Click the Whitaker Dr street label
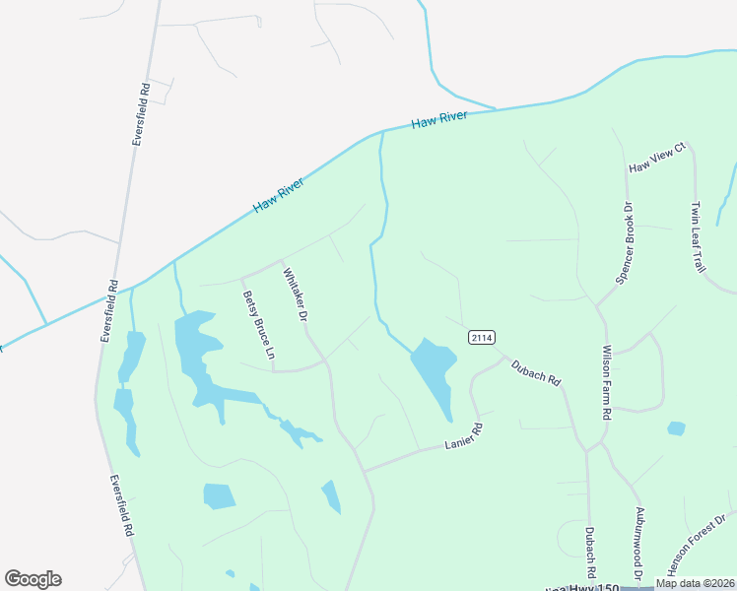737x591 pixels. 296,295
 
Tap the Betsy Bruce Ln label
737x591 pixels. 258,324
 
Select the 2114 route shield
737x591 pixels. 481,338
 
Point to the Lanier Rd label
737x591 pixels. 465,436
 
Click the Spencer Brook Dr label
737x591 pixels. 622,243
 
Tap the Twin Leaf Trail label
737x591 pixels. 698,237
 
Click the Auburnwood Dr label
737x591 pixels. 639,543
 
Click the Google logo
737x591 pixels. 33,579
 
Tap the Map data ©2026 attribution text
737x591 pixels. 694,583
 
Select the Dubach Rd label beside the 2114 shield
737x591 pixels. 535,371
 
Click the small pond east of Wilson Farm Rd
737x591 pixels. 676,428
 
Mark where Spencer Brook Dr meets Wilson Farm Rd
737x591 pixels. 597,305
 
